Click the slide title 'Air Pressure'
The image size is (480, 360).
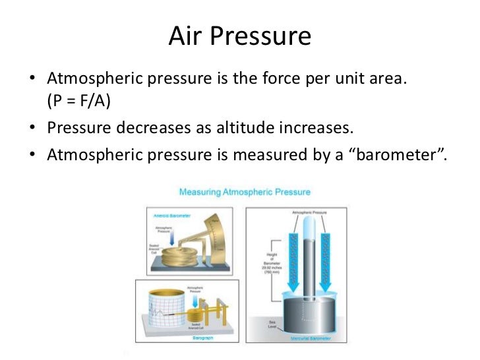[239, 36]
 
